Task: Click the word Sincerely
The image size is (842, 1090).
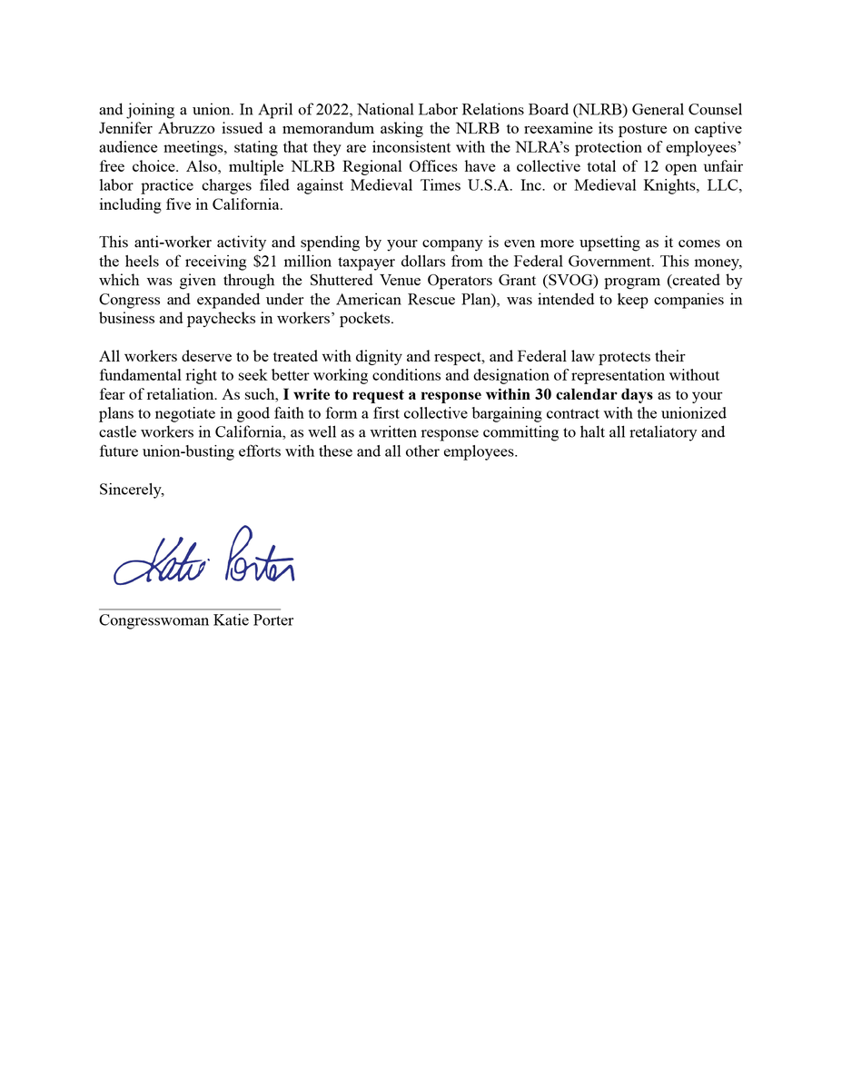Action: [x=132, y=490]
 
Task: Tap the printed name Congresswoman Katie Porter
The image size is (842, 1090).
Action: [x=196, y=621]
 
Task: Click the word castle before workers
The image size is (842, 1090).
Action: [x=117, y=432]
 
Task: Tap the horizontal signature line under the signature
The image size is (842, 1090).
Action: [x=189, y=609]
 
